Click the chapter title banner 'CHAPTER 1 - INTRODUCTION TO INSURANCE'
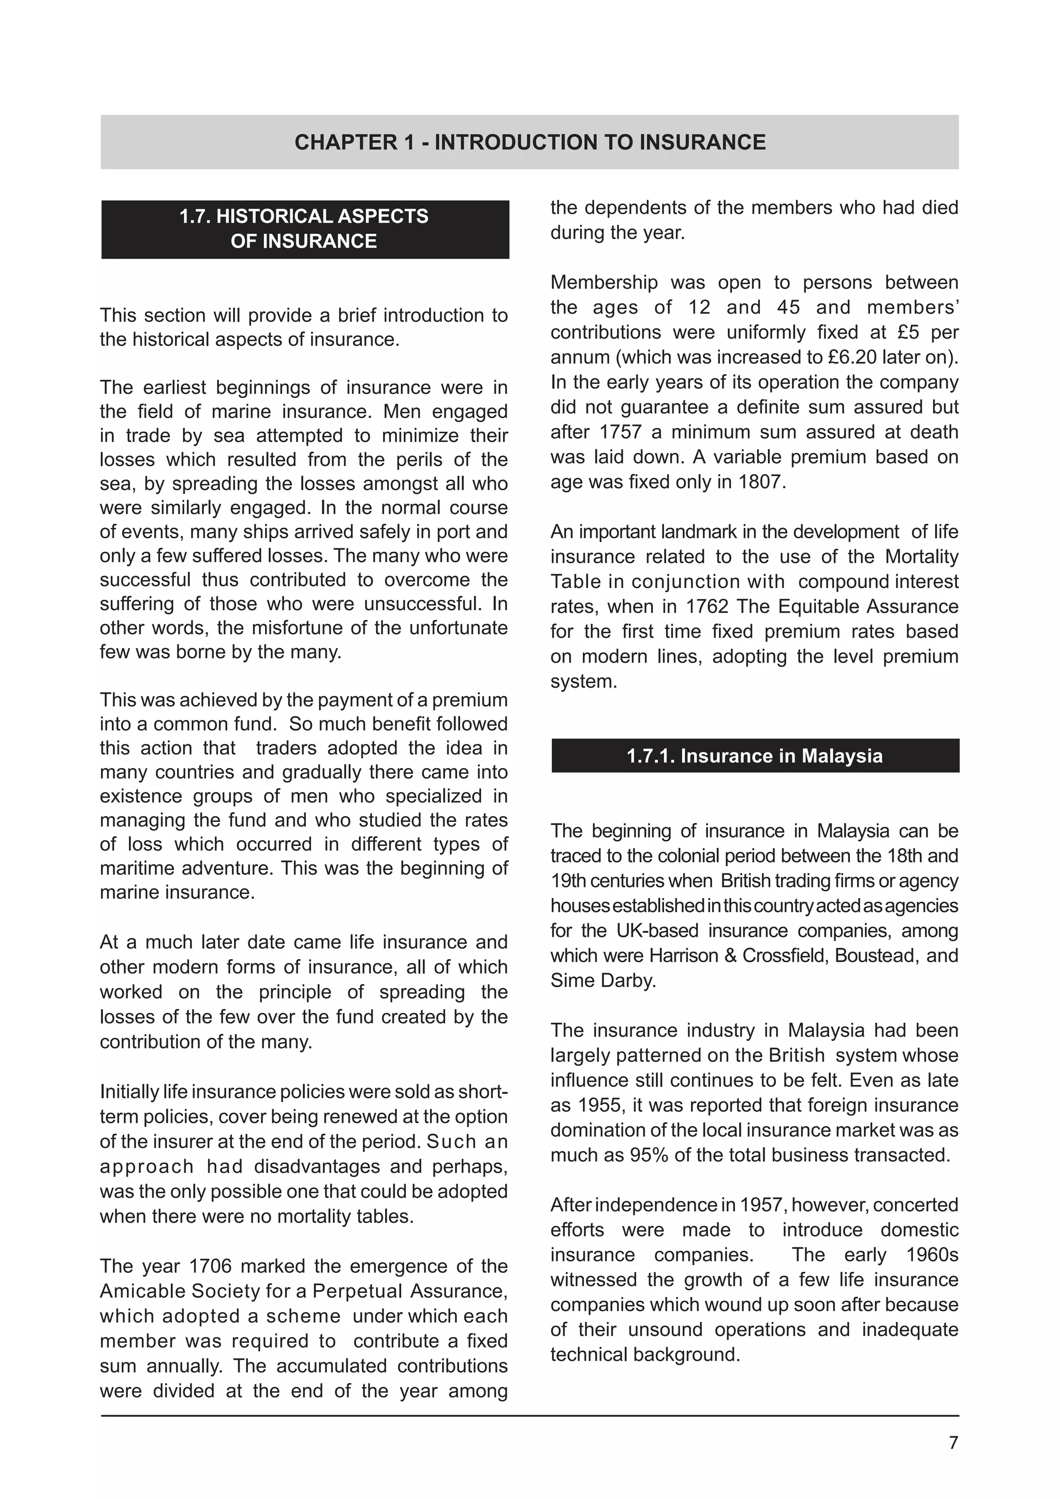pos(529,142)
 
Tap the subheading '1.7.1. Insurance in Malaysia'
pos(755,756)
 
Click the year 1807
pos(761,482)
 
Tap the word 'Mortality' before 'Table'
pos(922,557)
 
